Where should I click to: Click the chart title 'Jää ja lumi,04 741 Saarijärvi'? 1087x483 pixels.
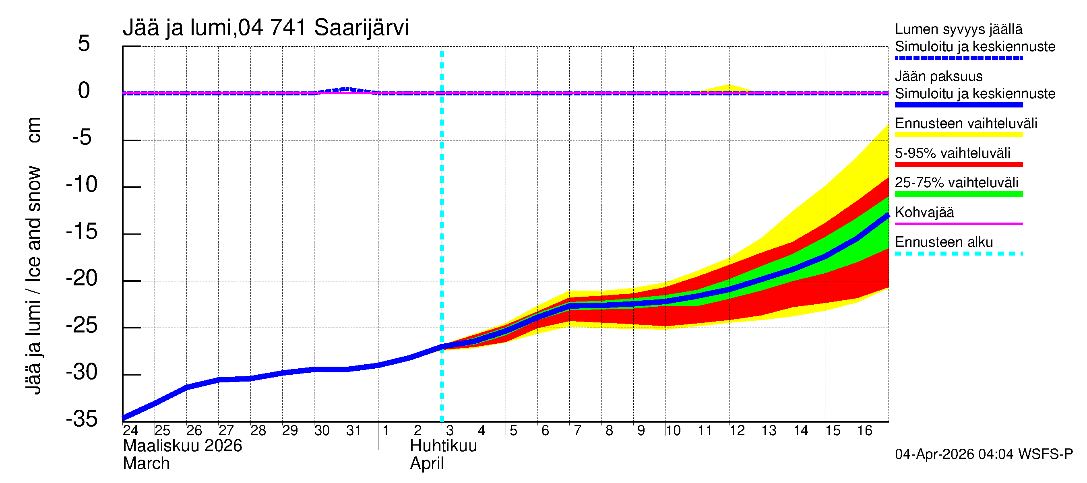265,28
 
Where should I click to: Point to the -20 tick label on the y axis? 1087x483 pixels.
82,279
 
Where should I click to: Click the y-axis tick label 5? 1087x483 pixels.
84,44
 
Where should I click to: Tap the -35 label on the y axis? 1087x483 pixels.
82,419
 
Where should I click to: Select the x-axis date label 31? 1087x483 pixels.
353,431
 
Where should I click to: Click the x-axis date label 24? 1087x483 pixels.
130,431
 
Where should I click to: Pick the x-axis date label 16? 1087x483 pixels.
864,431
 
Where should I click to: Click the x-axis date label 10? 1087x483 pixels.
673,431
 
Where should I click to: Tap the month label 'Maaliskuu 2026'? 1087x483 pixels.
182,446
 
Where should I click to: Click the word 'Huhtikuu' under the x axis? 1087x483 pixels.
443,446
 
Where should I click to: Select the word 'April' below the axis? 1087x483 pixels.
427,464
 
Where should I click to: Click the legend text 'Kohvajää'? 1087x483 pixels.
924,212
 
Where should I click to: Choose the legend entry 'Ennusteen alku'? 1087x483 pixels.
944,242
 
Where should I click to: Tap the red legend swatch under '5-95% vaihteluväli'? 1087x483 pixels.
958,165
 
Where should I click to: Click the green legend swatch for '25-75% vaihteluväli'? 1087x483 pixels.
958,194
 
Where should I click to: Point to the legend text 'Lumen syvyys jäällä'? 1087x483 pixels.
958,29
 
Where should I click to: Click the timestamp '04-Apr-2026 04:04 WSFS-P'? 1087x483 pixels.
984,454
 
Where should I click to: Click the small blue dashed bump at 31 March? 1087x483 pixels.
346,89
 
